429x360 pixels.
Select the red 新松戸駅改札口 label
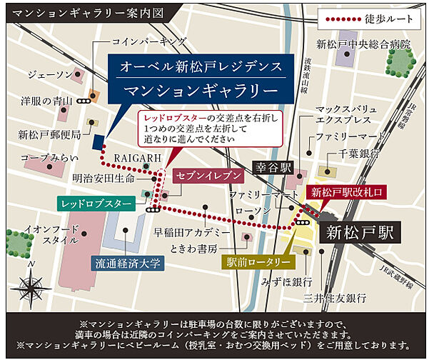[347, 192]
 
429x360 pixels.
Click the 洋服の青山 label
[45, 101]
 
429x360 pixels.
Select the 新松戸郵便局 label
[48, 135]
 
